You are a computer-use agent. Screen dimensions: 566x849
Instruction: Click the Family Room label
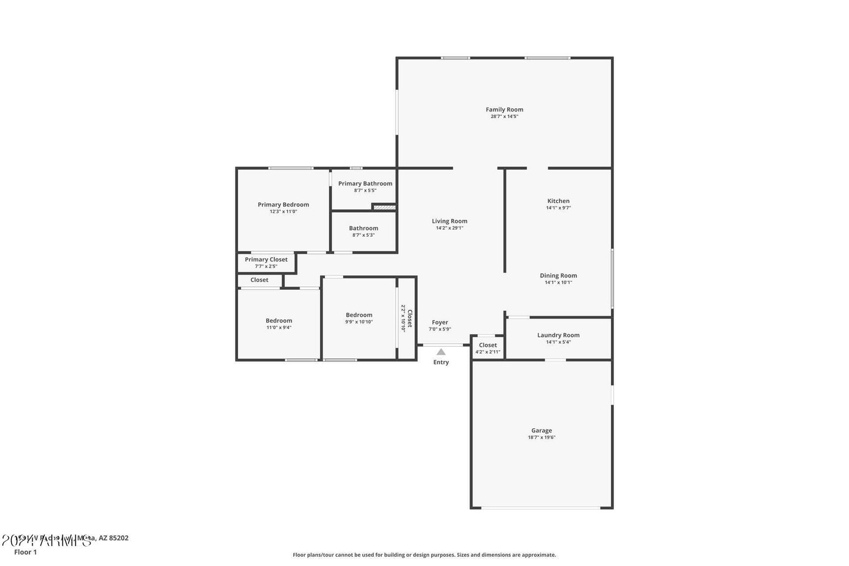pyautogui.click(x=504, y=109)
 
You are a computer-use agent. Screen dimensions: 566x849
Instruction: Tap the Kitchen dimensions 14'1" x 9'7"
pyautogui.click(x=558, y=208)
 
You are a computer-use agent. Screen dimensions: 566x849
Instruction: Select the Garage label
pyautogui.click(x=541, y=431)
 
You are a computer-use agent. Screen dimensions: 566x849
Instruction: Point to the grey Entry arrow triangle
pyautogui.click(x=441, y=352)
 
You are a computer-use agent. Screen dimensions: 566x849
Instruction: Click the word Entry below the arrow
pyautogui.click(x=441, y=362)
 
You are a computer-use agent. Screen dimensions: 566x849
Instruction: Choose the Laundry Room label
pyautogui.click(x=558, y=335)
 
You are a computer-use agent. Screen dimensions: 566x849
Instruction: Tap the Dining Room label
pyautogui.click(x=558, y=276)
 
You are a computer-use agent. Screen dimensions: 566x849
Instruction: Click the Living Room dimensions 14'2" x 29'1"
pyautogui.click(x=449, y=228)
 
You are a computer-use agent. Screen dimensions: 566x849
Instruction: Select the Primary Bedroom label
pyautogui.click(x=283, y=205)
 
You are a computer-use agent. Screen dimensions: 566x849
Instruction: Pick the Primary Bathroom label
pyautogui.click(x=365, y=183)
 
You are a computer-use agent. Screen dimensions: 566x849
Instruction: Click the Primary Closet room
pyautogui.click(x=266, y=262)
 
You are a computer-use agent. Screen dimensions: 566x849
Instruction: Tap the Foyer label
pyautogui.click(x=440, y=322)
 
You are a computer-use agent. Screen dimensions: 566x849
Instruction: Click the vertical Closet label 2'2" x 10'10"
pyautogui.click(x=407, y=318)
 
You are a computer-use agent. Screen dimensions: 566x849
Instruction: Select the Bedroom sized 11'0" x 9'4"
pyautogui.click(x=278, y=324)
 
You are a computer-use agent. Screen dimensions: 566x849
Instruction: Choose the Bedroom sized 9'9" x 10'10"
pyautogui.click(x=359, y=318)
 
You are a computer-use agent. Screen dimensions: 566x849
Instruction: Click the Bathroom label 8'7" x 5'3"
pyautogui.click(x=364, y=228)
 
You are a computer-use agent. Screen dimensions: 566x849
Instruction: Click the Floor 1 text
pyautogui.click(x=25, y=552)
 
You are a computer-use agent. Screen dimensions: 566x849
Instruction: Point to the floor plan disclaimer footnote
pyautogui.click(x=424, y=554)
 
